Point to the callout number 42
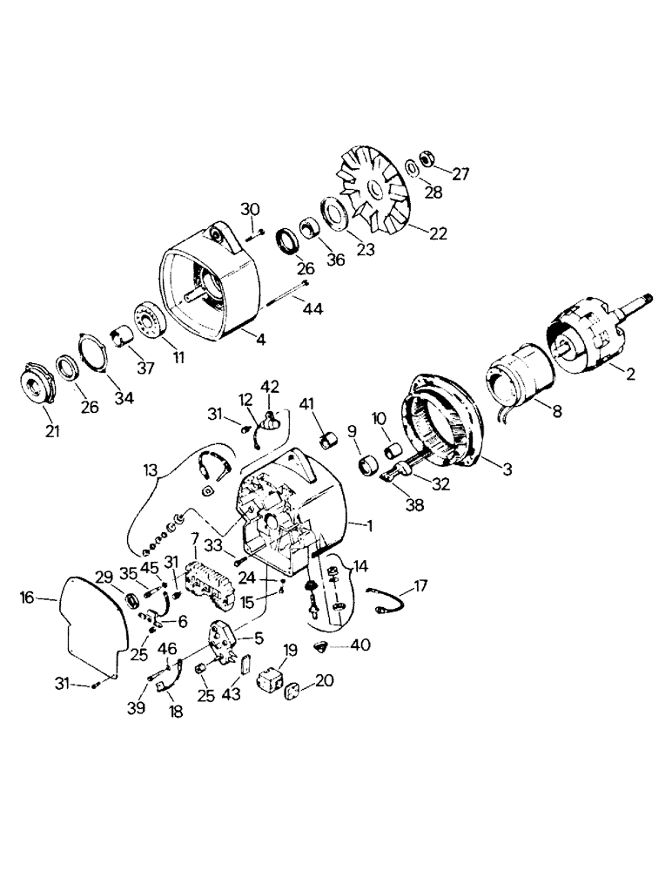click(272, 386)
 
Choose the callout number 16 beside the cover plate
click(28, 597)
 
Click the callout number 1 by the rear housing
click(370, 526)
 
